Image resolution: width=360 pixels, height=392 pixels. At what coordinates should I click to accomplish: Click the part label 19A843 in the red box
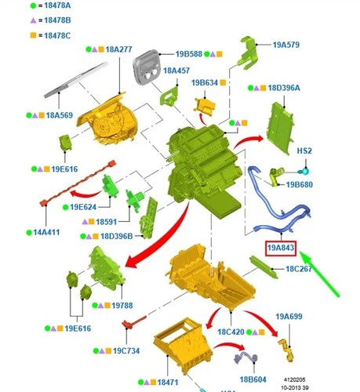pos(281,248)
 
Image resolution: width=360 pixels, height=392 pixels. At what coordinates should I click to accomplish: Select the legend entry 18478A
pos(57,5)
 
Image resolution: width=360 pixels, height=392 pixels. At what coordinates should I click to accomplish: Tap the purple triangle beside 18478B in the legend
pos(33,20)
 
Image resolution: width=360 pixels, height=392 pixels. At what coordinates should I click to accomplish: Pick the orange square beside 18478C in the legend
pos(33,35)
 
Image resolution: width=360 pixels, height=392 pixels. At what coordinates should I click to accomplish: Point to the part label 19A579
pos(286,45)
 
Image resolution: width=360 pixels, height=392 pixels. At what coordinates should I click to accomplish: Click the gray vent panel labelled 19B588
pos(146,67)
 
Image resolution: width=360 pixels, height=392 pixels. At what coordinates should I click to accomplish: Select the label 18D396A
pos(284,88)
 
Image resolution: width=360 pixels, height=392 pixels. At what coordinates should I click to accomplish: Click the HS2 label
pos(304,151)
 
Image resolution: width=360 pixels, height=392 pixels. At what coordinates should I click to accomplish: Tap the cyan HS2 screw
pos(304,172)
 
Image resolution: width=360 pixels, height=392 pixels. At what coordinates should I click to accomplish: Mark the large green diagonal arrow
pos(319,274)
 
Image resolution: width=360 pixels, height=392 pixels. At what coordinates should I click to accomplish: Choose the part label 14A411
pos(46,232)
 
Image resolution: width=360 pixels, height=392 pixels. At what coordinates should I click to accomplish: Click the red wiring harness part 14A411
pos(78,183)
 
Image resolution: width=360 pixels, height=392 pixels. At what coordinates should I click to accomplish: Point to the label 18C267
pos(299,269)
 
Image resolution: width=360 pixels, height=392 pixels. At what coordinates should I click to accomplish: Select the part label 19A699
pos(289,317)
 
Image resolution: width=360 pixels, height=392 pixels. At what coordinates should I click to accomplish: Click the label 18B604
pos(253,379)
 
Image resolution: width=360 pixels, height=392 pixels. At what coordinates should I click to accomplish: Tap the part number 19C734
pos(126,350)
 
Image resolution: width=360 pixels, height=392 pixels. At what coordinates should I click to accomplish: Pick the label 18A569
pos(60,115)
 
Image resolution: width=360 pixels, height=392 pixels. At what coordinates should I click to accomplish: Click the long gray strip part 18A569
pos(76,80)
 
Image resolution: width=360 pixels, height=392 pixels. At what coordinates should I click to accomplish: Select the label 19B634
pos(205,83)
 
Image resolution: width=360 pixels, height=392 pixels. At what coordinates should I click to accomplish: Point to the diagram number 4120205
pos(294,379)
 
